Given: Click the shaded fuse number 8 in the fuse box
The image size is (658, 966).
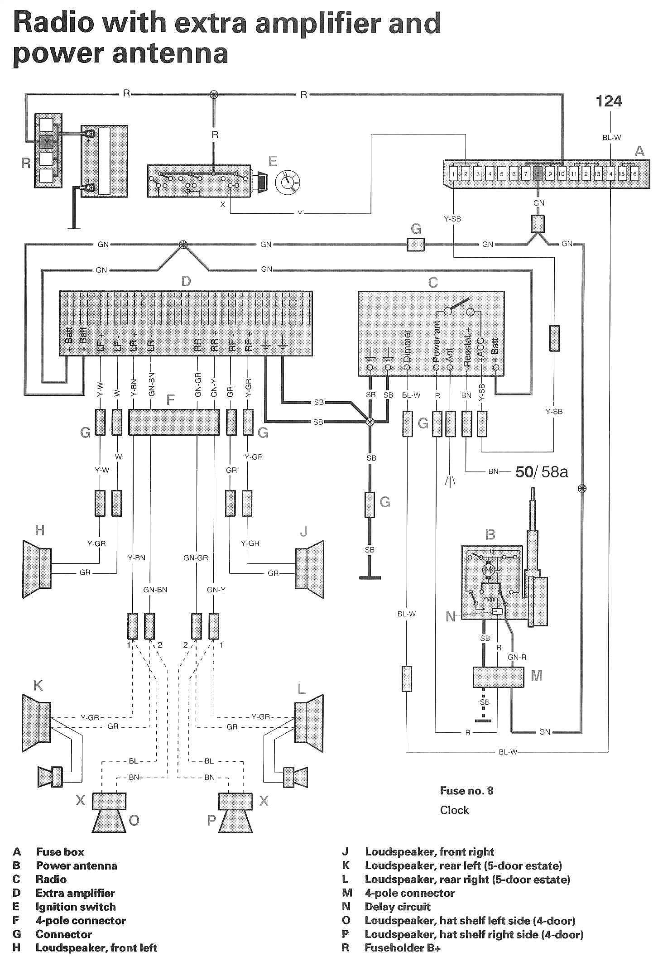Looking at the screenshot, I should (538, 173).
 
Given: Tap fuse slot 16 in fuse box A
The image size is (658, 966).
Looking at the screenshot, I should (634, 173).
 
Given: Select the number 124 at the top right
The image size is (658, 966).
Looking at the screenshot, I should (608, 101).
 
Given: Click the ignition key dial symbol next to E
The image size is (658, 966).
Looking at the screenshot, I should (288, 182).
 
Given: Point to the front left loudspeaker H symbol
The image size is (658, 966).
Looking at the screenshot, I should (37, 569).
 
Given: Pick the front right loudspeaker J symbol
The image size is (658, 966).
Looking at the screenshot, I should (310, 569).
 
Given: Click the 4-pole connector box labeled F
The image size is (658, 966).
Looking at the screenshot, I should (174, 422).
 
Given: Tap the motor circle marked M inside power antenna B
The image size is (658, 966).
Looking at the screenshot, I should (488, 570).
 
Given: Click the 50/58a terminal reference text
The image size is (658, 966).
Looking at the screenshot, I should (541, 472).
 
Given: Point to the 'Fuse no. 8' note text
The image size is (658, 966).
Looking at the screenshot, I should (466, 791).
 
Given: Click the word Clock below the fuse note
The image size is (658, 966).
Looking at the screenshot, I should (454, 810).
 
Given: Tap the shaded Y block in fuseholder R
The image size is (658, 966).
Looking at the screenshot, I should (46, 142).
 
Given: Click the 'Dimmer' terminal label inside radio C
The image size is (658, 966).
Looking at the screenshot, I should (407, 346).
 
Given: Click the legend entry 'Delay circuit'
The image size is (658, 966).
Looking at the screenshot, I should (397, 907).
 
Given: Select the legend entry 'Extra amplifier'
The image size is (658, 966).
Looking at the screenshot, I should (75, 893).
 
